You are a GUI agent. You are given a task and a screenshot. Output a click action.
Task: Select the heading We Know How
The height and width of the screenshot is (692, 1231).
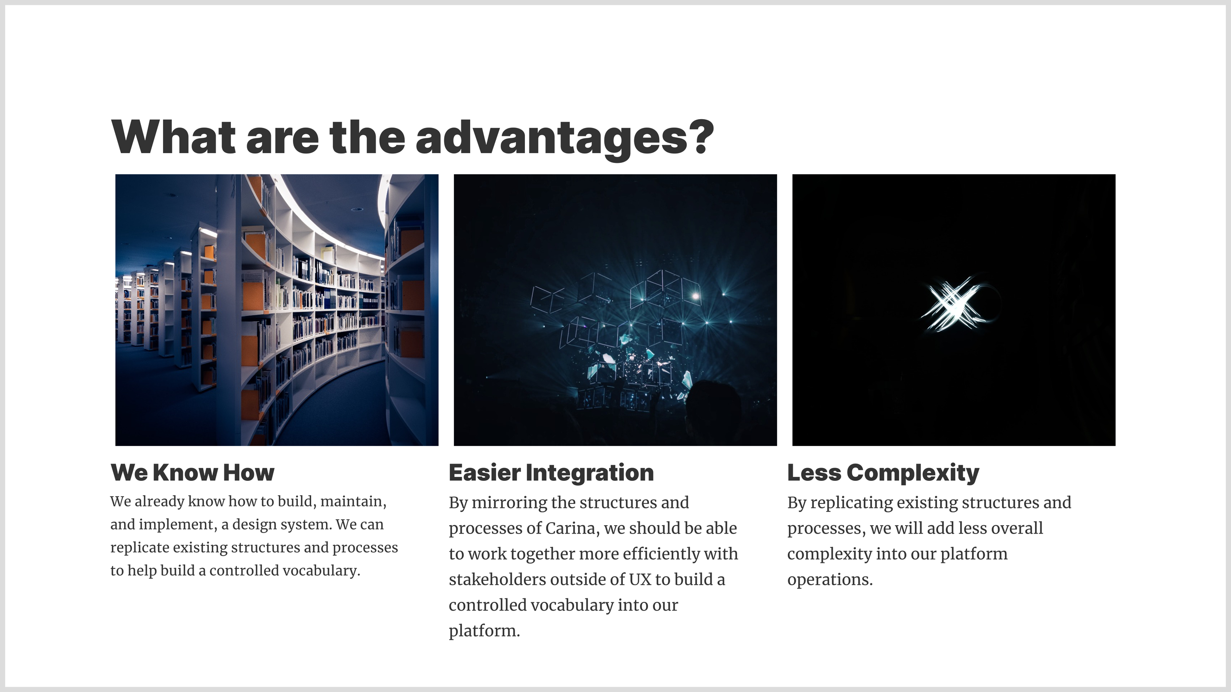[193, 472]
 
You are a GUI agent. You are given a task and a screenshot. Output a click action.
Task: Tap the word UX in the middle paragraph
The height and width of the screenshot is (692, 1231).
[640, 579]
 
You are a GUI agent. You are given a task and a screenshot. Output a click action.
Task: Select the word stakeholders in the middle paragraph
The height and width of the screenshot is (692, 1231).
[497, 579]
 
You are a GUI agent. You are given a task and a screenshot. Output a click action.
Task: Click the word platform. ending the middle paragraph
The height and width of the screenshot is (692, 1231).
[484, 631]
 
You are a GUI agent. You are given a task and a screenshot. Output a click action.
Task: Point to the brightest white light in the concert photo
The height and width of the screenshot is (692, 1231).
[695, 296]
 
